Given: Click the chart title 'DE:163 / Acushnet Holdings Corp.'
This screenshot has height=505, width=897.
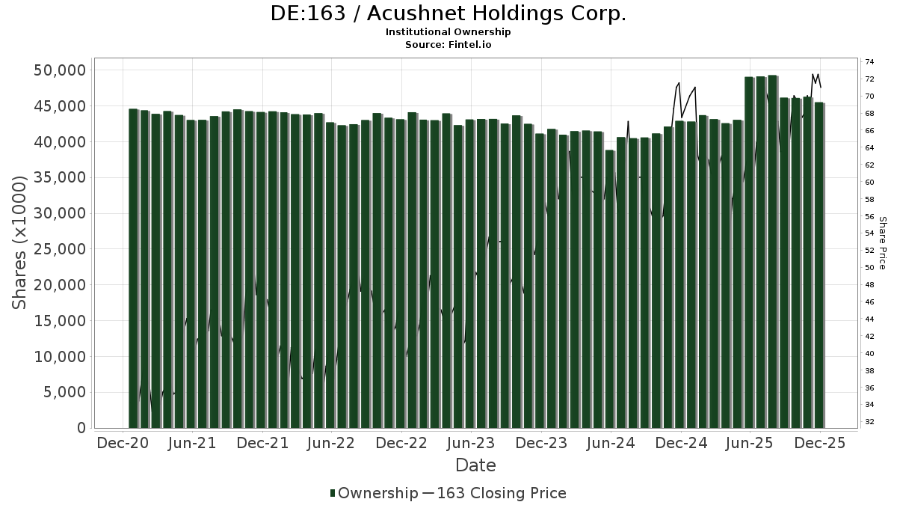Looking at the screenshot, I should [448, 13].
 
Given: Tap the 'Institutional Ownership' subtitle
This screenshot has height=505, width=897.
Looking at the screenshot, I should [448, 32].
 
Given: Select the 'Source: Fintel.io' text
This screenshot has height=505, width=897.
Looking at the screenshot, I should [448, 44].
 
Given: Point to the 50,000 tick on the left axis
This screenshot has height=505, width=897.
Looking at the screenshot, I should [60, 70].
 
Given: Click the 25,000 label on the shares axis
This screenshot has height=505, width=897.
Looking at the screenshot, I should [60, 249].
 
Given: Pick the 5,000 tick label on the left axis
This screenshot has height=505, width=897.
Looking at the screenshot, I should [64, 393].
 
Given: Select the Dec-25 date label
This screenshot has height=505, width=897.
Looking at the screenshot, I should [820, 443].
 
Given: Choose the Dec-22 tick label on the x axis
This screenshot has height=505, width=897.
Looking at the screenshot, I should [401, 443].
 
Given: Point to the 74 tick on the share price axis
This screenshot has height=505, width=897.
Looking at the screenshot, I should [869, 61].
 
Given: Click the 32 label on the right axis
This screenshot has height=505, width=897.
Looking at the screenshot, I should [869, 422].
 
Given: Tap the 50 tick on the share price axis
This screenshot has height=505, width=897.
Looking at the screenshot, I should [869, 268].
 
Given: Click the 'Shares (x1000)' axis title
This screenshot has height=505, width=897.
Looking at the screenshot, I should [19, 242].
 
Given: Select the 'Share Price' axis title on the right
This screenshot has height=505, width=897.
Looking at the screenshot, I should [882, 242].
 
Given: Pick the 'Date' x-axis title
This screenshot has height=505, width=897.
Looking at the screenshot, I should [475, 465].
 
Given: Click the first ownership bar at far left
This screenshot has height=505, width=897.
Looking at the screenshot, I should [133, 269].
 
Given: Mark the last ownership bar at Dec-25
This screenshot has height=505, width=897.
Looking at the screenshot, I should [819, 266].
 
